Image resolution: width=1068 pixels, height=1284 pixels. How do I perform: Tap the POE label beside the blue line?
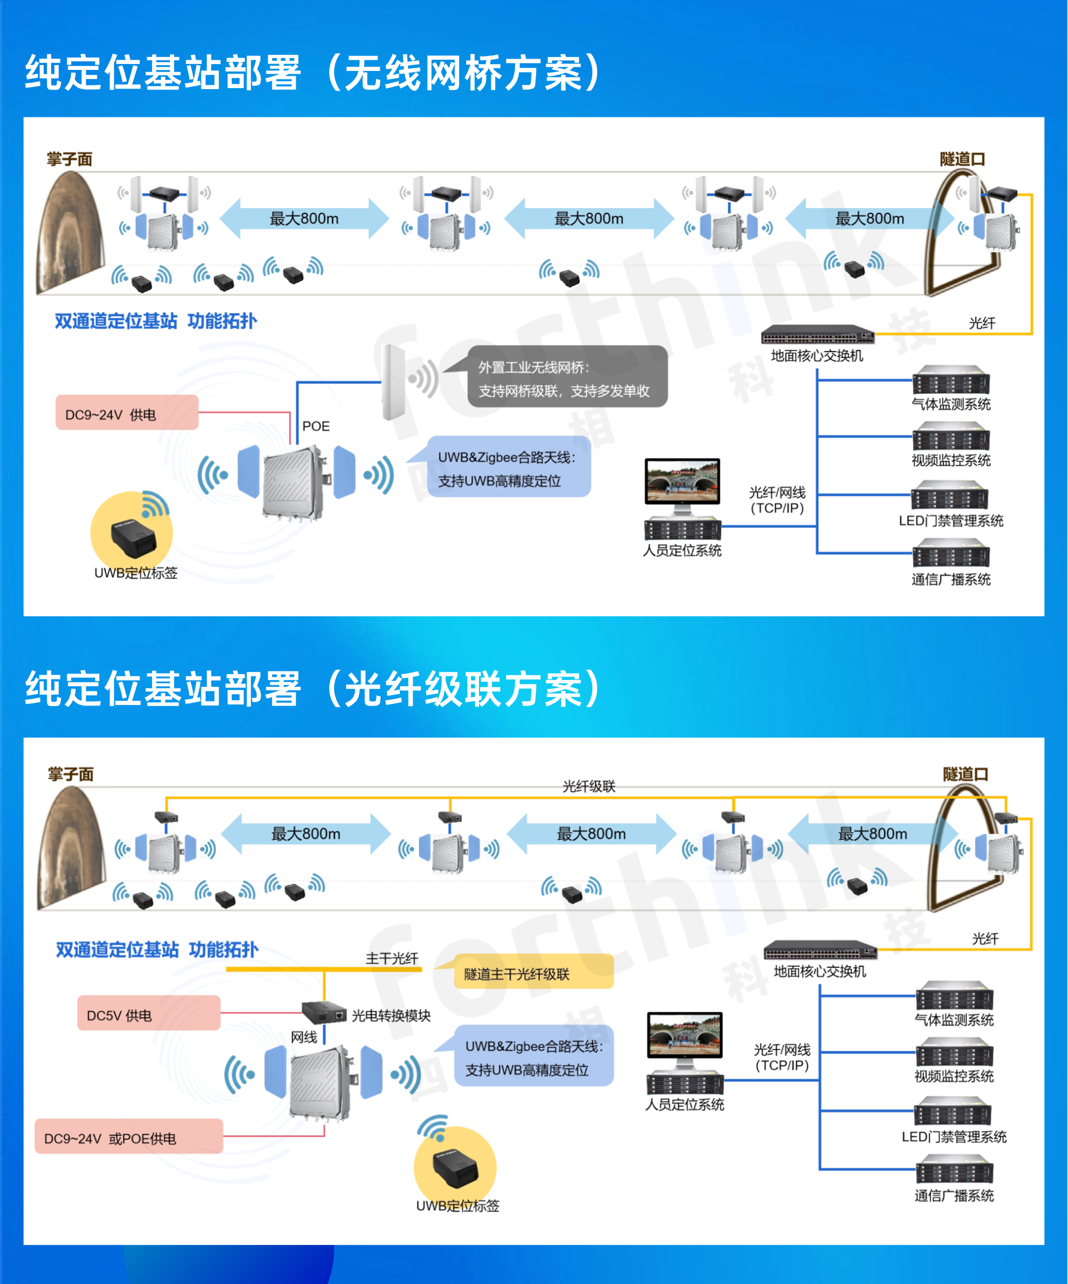coord(316,426)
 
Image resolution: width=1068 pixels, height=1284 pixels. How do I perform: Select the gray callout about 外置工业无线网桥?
coord(567,378)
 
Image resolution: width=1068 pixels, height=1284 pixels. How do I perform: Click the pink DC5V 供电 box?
coord(148,1015)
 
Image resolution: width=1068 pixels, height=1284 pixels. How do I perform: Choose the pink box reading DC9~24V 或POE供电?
coord(129,1138)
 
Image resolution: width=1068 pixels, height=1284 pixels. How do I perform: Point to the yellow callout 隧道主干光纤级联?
coord(532,973)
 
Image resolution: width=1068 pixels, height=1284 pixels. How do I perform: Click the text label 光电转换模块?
coord(391,1015)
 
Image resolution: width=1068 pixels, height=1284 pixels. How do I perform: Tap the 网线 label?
coord(303,1037)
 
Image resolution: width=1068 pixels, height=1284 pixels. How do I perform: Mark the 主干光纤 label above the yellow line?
coord(391,958)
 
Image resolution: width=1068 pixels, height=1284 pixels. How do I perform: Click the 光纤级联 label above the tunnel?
coord(588,786)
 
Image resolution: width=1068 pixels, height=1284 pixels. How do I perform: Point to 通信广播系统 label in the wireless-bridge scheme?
coord(951,580)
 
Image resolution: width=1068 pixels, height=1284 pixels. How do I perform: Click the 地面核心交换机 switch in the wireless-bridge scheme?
coord(817,335)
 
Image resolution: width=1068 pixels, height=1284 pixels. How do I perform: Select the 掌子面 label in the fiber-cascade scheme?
coord(71,774)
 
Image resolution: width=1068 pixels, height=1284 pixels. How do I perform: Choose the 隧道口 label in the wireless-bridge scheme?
coord(962,159)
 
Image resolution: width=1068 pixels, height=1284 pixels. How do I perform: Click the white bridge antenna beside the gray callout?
coord(392,382)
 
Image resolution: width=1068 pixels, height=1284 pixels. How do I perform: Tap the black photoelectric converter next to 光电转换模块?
coord(324,1012)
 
